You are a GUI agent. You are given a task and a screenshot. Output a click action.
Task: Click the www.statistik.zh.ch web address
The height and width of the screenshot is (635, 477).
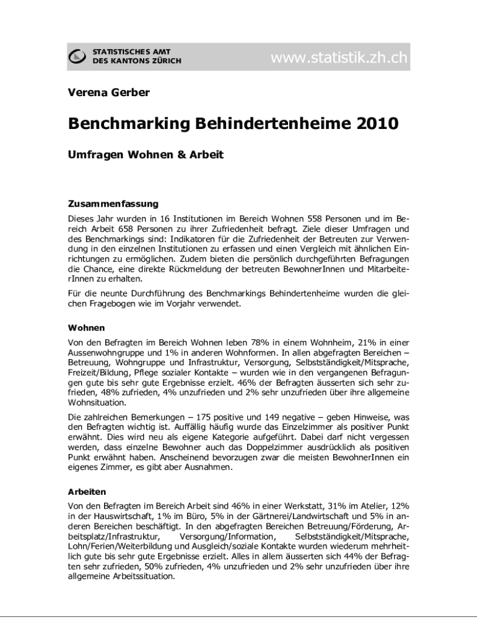click(339, 58)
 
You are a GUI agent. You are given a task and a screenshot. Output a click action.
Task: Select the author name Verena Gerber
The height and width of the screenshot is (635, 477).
click(108, 93)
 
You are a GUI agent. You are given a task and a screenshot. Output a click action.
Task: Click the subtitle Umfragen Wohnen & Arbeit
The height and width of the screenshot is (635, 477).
click(146, 154)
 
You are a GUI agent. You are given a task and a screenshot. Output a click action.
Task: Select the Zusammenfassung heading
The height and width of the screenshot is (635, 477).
click(113, 203)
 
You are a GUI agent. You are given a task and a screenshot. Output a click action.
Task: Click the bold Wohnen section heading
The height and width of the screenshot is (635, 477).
click(86, 327)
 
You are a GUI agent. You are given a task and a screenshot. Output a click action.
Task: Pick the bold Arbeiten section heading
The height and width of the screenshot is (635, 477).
click(87, 491)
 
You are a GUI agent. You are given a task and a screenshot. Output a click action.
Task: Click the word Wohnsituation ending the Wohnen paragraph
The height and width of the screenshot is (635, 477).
click(96, 402)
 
